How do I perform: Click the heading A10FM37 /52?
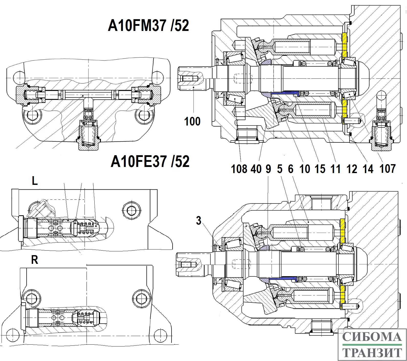pyautogui.click(x=148, y=26)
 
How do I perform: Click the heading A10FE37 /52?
pyautogui.click(x=150, y=162)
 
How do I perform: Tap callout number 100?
pyautogui.click(x=192, y=121)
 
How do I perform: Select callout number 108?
pyautogui.click(x=239, y=169)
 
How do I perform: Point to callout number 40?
pyautogui.click(x=256, y=169)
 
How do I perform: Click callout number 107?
pyautogui.click(x=388, y=169)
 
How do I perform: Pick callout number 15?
pyautogui.click(x=320, y=169)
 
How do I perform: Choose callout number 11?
pyautogui.click(x=336, y=169)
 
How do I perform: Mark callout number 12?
pyautogui.click(x=352, y=169)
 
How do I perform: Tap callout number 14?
pyautogui.click(x=368, y=169)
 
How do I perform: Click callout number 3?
pyautogui.click(x=199, y=220)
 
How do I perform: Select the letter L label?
pyautogui.click(x=35, y=181)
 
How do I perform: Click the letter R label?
pyautogui.click(x=35, y=260)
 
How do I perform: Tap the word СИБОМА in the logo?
pyautogui.click(x=372, y=337)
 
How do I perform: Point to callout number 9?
pyautogui.click(x=268, y=169)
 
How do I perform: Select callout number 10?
pyautogui.click(x=304, y=169)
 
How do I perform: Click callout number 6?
pyautogui.click(x=291, y=169)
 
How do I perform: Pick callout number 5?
pyautogui.click(x=280, y=169)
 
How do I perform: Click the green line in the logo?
pyautogui.click(x=372, y=345)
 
